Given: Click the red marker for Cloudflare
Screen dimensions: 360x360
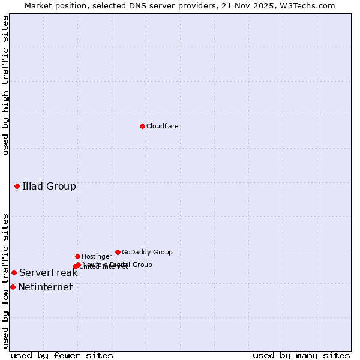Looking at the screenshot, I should click(142, 126).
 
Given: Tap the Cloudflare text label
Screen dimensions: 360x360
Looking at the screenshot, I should click(163, 126).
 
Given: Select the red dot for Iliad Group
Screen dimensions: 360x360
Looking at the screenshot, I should click(17, 186).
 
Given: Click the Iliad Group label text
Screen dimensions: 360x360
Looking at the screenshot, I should click(49, 186).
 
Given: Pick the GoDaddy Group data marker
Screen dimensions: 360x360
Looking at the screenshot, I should click(118, 252).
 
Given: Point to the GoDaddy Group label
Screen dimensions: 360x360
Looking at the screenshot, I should click(147, 252).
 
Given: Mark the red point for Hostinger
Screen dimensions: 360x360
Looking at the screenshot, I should click(77, 256).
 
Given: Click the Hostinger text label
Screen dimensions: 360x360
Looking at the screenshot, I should click(97, 256).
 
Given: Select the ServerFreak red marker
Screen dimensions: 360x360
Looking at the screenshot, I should click(14, 272).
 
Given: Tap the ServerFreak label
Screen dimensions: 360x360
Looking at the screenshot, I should click(48, 272).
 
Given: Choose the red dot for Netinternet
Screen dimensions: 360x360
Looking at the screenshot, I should click(13, 287).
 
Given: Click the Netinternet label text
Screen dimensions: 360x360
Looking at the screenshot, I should click(45, 287).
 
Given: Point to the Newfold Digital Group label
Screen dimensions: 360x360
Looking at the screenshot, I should click(118, 264).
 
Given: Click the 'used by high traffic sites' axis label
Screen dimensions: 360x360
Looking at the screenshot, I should click(5, 85).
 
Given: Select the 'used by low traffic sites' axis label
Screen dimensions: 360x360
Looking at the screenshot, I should click(5, 281).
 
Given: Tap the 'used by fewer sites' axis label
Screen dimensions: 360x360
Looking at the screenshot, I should click(62, 355).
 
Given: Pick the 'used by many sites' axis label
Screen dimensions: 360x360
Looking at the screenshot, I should click(301, 355).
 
